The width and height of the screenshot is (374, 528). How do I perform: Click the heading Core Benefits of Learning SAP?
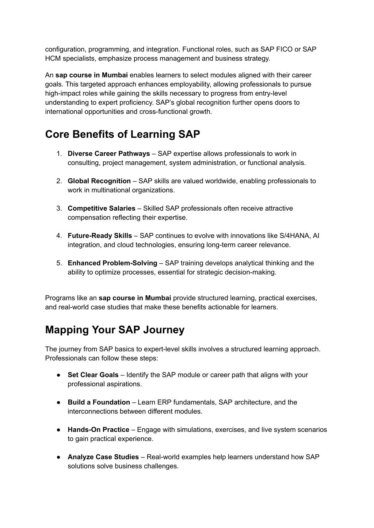pyautogui.click(x=122, y=134)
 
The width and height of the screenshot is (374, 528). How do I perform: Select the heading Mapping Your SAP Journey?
pyautogui.click(x=115, y=330)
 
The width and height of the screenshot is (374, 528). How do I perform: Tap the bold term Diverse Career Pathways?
pyautogui.click(x=108, y=154)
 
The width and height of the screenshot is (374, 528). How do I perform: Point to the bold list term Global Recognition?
pyautogui.click(x=99, y=181)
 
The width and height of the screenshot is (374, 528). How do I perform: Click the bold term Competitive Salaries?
pyautogui.click(x=101, y=208)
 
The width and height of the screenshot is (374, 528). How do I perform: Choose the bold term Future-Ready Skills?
pyautogui.click(x=100, y=236)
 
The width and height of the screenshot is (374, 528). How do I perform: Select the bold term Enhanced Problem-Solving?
pyautogui.click(x=112, y=263)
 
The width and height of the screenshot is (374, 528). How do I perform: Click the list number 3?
pyautogui.click(x=58, y=208)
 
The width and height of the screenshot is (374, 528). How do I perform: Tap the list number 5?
pyautogui.click(x=58, y=263)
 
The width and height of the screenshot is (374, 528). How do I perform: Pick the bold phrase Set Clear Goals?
pyautogui.click(x=93, y=375)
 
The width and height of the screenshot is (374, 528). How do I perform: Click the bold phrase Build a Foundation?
pyautogui.click(x=99, y=402)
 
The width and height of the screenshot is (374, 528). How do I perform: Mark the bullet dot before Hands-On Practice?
pyautogui.click(x=58, y=430)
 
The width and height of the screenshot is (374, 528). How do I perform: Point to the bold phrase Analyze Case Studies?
pyautogui.click(x=103, y=457)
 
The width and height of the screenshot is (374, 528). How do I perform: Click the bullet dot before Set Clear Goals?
pyautogui.click(x=58, y=375)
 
